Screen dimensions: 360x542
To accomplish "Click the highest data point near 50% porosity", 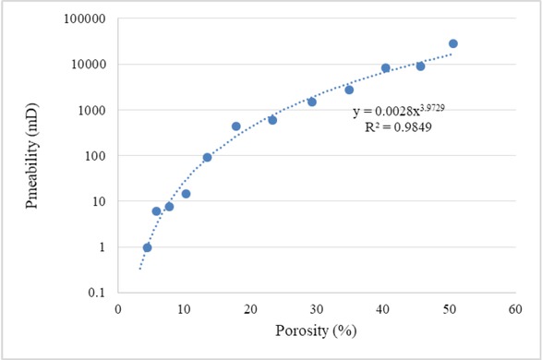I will (452, 43).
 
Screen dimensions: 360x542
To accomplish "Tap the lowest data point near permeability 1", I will (147, 247).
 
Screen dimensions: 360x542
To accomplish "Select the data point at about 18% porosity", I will (235, 126).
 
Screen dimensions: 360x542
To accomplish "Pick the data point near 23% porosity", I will (272, 120).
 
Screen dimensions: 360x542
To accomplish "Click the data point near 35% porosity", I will (349, 90).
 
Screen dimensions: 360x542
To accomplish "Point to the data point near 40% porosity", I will (385, 68).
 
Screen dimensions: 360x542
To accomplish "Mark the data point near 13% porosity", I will (207, 157).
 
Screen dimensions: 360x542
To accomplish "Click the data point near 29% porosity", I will (311, 102).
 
